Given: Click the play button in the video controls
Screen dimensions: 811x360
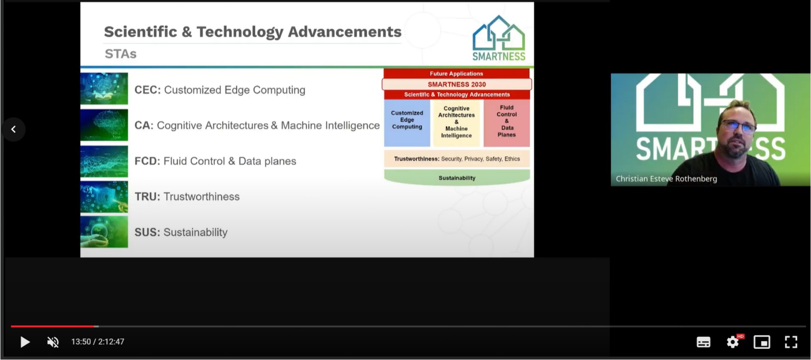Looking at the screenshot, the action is click(x=25, y=342).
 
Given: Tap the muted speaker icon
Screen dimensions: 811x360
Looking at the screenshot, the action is click(x=53, y=342).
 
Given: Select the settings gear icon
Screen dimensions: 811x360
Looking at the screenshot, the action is click(x=733, y=342).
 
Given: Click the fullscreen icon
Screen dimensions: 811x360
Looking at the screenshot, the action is click(x=791, y=342).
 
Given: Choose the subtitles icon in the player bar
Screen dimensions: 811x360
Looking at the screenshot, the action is click(x=703, y=342).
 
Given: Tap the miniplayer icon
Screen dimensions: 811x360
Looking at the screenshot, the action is click(x=761, y=342).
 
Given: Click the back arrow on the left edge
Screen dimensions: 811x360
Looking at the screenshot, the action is click(x=13, y=129).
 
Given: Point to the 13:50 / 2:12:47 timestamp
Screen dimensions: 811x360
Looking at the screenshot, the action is click(x=98, y=342).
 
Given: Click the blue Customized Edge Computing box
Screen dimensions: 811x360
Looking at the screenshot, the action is click(x=407, y=123).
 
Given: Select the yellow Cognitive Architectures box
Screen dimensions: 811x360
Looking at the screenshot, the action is click(x=456, y=123).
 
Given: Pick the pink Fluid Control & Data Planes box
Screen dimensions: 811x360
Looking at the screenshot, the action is click(x=507, y=123).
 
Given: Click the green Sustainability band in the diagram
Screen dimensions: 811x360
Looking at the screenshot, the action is click(x=457, y=177).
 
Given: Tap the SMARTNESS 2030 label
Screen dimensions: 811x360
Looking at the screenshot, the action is click(x=457, y=84).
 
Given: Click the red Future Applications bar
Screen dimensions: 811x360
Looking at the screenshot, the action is click(x=456, y=74).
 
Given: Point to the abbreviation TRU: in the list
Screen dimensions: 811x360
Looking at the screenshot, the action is click(x=147, y=197).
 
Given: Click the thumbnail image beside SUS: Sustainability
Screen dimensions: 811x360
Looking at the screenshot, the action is click(x=104, y=232).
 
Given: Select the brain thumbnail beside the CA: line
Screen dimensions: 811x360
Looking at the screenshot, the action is click(x=104, y=125).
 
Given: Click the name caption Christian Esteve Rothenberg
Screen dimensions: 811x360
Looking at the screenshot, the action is click(x=666, y=179).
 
